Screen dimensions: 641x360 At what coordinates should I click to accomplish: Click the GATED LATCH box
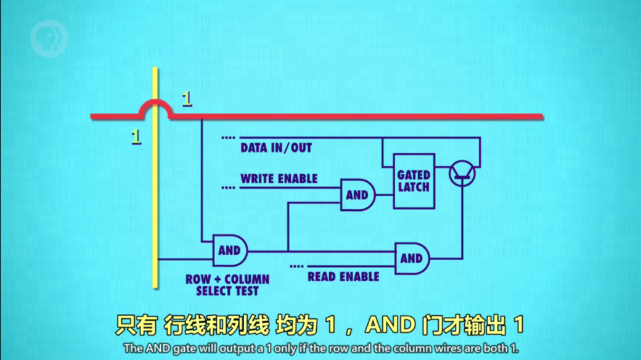coord(414,181)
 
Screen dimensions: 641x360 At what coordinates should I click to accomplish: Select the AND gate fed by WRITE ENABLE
coord(358,195)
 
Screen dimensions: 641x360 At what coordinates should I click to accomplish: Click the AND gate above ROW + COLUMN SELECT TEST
coord(229,251)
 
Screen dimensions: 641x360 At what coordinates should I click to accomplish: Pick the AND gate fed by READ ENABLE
coord(412,258)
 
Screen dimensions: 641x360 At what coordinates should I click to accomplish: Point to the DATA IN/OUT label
coord(276,148)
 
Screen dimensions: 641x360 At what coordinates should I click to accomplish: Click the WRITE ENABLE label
coord(279,179)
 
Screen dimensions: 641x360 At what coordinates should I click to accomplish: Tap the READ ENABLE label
coord(343,277)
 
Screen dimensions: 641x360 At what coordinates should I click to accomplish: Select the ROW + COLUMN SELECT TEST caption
coord(227,285)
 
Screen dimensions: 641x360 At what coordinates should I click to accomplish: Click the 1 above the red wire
coord(187,98)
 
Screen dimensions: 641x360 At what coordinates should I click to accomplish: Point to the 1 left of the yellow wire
coord(136,135)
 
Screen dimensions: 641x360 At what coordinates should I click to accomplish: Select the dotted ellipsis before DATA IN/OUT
coord(228,137)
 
